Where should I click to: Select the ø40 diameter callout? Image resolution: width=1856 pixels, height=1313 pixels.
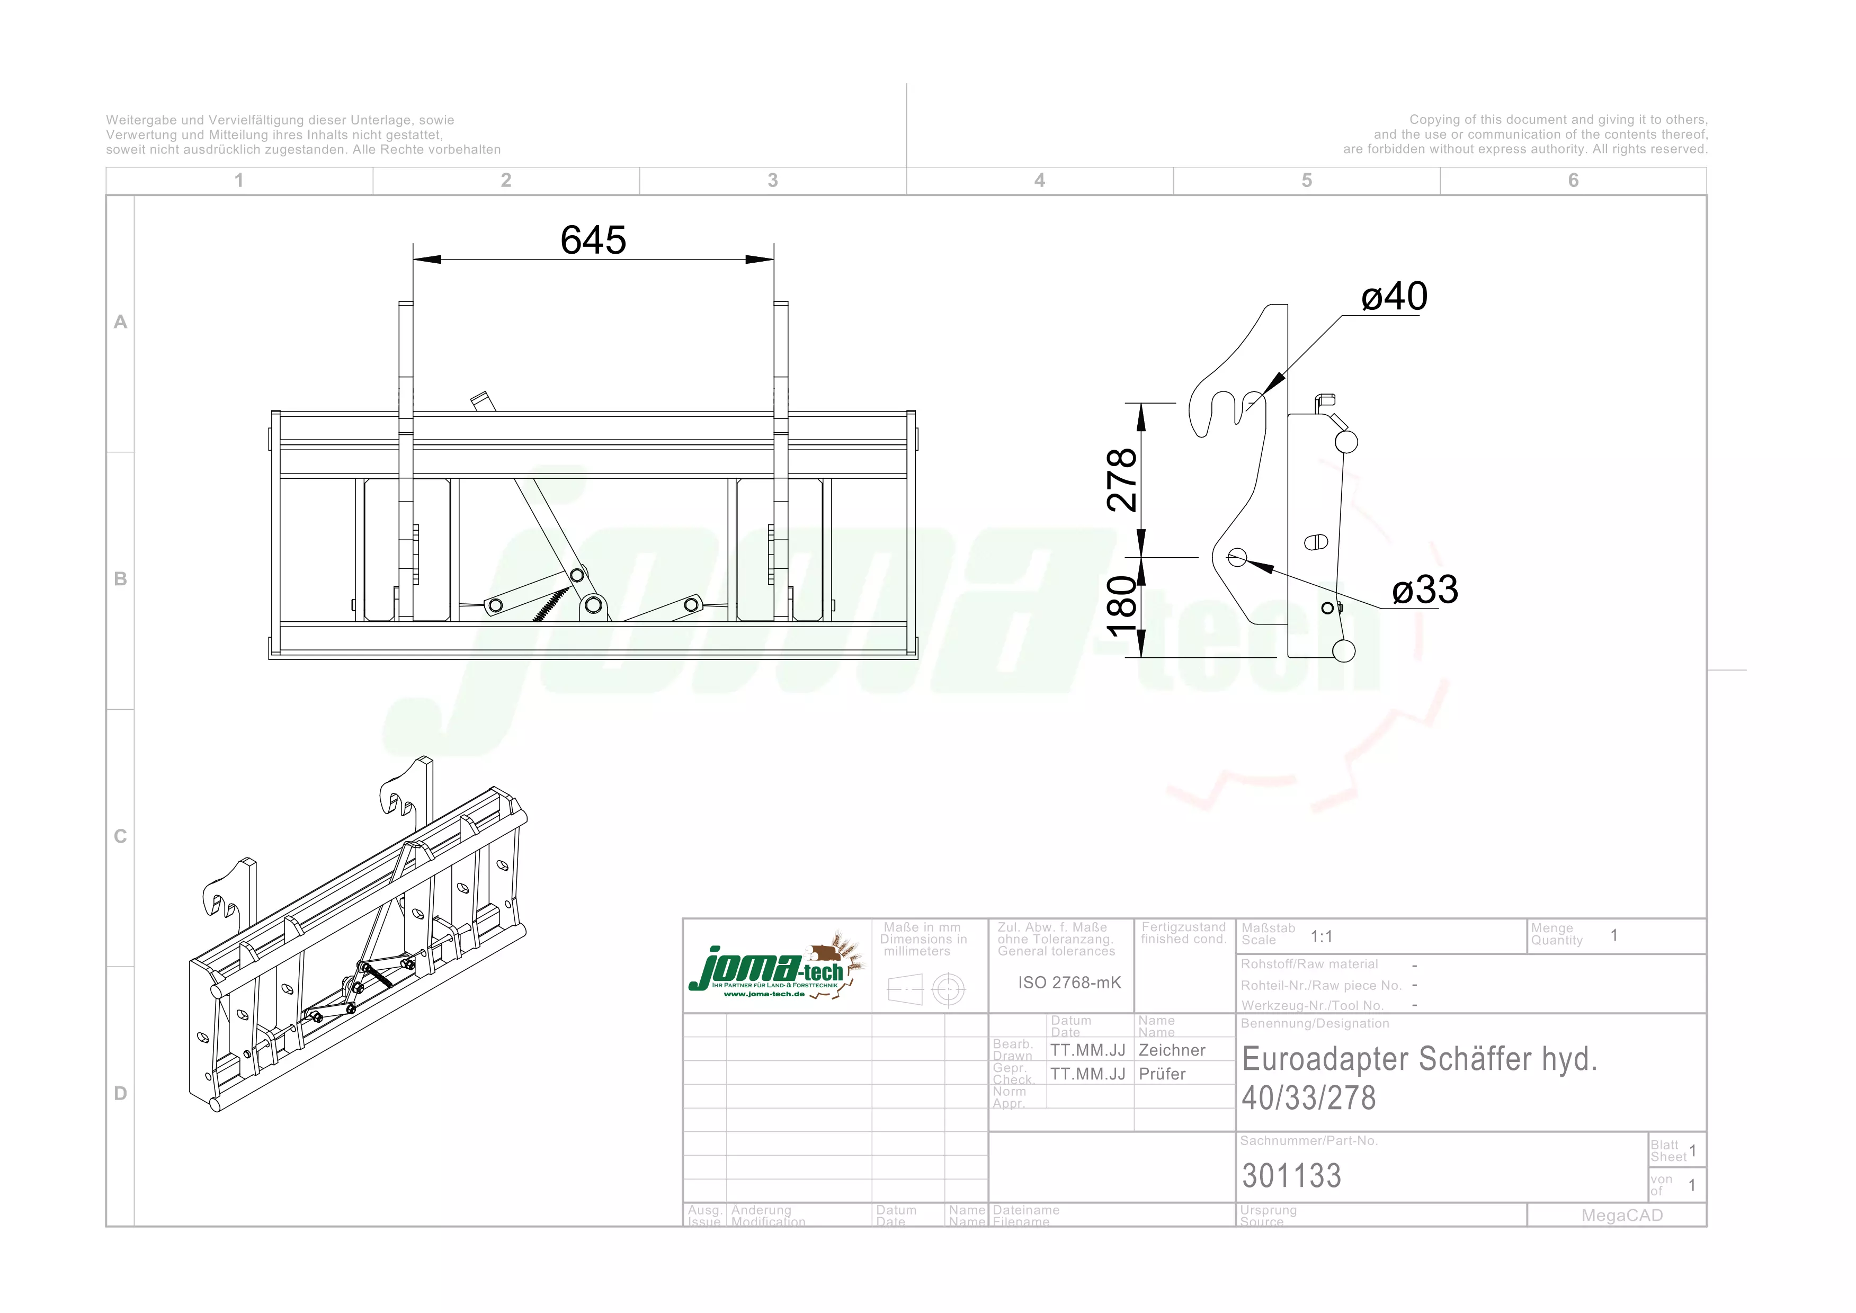pos(1395,297)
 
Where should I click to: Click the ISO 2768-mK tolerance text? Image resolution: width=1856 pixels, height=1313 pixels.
pos(1069,982)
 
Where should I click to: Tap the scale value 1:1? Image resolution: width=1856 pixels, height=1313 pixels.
pos(1321,936)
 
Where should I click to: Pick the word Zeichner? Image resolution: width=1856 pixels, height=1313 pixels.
pos(1171,1050)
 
